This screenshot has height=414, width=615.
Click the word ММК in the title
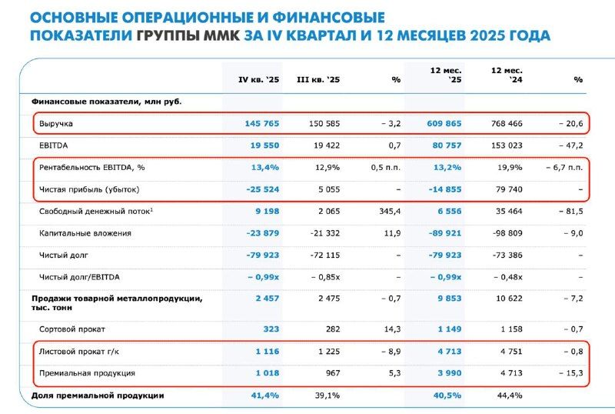click(x=221, y=35)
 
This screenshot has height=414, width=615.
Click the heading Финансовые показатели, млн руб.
click(x=106, y=101)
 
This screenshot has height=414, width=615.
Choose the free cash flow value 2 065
click(x=325, y=210)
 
